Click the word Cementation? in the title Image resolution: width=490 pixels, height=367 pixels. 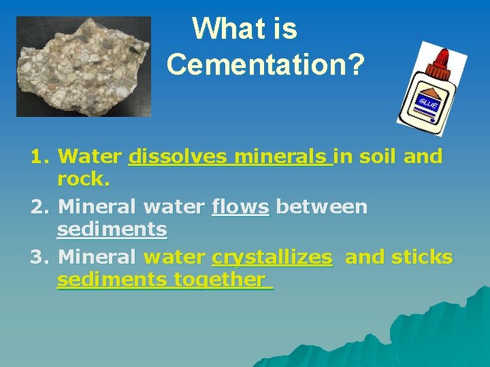[265, 65]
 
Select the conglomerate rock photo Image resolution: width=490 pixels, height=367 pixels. [84, 66]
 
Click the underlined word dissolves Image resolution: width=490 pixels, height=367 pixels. [178, 157]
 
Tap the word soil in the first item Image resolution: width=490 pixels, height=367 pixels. [378, 157]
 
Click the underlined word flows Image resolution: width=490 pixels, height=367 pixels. [240, 207]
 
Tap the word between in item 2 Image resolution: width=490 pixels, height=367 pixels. [321, 207]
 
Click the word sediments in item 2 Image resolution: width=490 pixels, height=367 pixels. [112, 230]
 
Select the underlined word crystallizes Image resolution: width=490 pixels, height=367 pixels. [272, 258]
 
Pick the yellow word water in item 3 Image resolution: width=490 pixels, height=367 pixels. [174, 257]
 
